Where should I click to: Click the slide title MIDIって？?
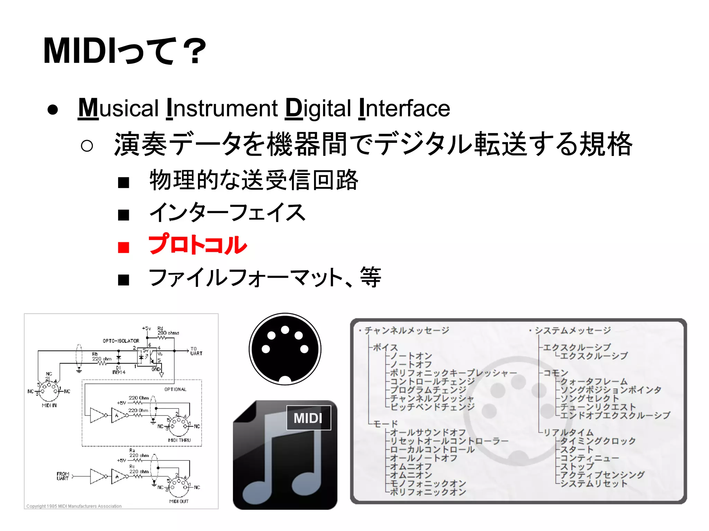[125, 51]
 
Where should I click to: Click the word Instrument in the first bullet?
[222, 108]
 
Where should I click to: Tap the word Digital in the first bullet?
[318, 108]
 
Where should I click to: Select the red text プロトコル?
[197, 245]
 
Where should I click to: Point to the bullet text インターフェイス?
[227, 213]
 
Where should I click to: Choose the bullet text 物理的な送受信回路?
[254, 180]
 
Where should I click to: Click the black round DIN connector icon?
[285, 349]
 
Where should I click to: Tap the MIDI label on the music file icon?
[308, 418]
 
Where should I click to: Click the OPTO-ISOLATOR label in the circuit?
[121, 341]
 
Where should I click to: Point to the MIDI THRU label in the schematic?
[179, 440]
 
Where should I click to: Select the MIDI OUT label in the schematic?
[179, 501]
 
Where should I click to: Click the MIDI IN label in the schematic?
[49, 405]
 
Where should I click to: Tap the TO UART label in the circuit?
[196, 351]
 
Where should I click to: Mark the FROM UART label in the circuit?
[63, 476]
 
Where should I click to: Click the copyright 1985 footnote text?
[74, 506]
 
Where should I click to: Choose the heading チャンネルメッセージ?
[406, 330]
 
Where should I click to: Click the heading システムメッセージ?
[573, 330]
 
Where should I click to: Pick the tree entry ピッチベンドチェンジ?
[432, 407]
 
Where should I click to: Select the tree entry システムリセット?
[593, 483]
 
